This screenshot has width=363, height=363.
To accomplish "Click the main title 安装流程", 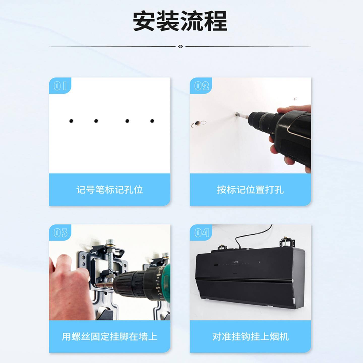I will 180,21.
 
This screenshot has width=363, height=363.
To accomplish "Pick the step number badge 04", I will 201,233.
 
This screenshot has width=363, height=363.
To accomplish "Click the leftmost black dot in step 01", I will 71,121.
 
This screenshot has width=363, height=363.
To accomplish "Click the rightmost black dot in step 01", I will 152,121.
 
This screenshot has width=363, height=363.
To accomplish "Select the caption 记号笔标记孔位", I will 109,190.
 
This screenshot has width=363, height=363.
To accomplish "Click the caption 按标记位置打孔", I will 250,190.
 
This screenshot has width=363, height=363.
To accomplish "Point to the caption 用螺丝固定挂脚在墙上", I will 109,337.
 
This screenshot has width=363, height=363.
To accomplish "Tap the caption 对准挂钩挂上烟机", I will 250,337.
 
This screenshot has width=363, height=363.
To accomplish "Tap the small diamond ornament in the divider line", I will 180,46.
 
